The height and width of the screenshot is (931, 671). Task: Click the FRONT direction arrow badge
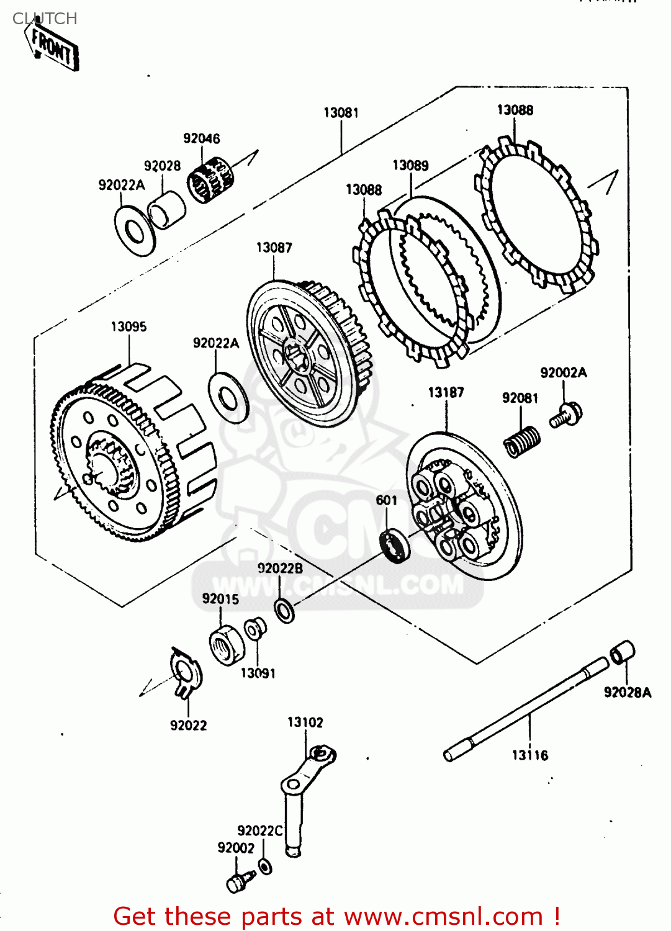point(54,48)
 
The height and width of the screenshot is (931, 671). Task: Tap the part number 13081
point(341,112)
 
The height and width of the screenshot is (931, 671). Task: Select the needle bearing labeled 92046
point(211,179)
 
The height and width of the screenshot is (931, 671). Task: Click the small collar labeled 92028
point(168,209)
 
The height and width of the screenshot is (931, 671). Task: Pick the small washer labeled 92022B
point(284,611)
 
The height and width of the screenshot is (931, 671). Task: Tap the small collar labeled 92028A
point(622,652)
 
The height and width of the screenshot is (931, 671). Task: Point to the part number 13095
point(128,326)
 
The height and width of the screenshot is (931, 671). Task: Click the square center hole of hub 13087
point(297,358)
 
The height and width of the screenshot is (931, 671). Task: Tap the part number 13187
point(446,392)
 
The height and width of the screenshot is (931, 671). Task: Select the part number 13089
point(410,165)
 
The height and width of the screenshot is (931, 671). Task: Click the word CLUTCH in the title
point(45,19)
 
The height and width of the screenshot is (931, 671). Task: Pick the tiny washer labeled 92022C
point(265,866)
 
